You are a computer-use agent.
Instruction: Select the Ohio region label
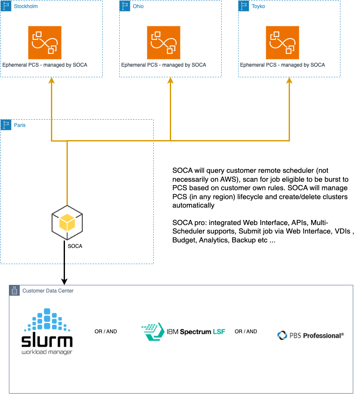coord(138,6)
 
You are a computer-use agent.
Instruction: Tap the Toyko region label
coord(258,6)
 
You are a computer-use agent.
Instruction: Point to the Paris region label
coord(20,125)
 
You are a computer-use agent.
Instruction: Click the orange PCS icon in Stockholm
coord(45,42)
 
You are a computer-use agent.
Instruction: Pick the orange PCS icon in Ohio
coord(163,42)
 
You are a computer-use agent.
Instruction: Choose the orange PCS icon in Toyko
coord(282,42)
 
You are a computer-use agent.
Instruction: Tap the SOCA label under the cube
coord(75,246)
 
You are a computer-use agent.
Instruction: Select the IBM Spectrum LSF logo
coord(183,332)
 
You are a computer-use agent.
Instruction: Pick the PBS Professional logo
coord(310,335)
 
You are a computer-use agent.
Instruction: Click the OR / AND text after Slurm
coord(106,332)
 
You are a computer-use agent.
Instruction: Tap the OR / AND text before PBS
coord(246,332)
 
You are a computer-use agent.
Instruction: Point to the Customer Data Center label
coord(48,291)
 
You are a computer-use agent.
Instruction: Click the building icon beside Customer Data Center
coord(14,291)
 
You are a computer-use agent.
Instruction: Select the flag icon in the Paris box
coord(6,125)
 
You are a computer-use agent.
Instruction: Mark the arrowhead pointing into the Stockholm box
coord(51,81)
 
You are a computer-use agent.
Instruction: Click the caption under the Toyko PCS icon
coord(282,65)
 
